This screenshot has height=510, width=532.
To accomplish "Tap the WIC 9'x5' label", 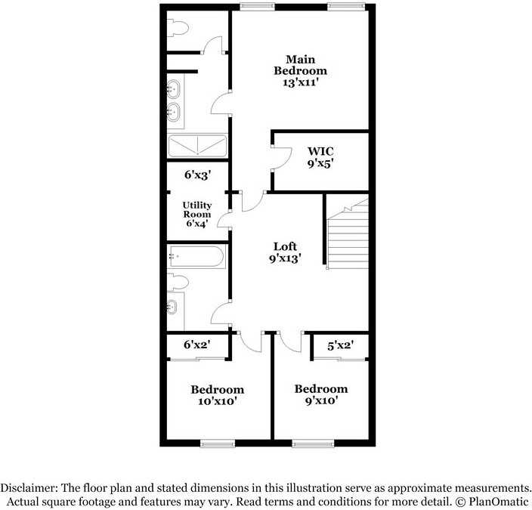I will pyautogui.click(x=320, y=156).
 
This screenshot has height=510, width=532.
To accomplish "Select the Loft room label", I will pyautogui.click(x=285, y=252).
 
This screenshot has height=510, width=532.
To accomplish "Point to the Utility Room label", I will pyautogui.click(x=197, y=214).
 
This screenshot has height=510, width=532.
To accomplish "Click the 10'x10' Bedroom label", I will pyautogui.click(x=217, y=395).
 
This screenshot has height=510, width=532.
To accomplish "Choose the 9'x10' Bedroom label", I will pyautogui.click(x=321, y=394).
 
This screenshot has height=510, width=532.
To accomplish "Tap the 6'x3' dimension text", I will pyautogui.click(x=197, y=175).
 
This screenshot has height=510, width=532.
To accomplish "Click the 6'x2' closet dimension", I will pyautogui.click(x=197, y=345).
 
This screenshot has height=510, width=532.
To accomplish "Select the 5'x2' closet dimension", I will pyautogui.click(x=340, y=345).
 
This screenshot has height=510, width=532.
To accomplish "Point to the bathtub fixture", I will pyautogui.click(x=196, y=257).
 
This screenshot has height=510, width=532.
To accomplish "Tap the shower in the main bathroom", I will pyautogui.click(x=197, y=145).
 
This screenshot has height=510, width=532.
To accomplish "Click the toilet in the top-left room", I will pyautogui.click(x=178, y=29).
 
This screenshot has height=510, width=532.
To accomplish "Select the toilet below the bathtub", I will pyautogui.click(x=178, y=283).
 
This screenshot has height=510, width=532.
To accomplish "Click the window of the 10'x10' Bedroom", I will pyautogui.click(x=218, y=444).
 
